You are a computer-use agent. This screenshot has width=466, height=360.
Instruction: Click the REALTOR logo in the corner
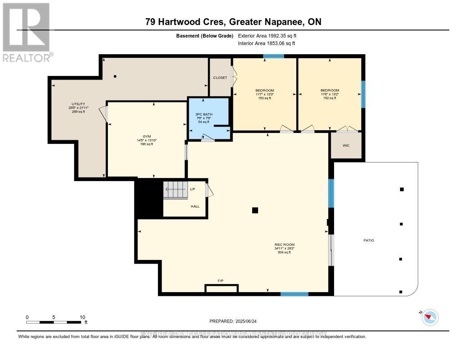[26, 32]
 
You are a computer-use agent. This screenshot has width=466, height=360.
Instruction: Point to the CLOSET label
[220, 78]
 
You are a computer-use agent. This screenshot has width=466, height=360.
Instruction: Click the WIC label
[346, 146]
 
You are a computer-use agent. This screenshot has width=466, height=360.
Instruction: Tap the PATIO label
[369, 240]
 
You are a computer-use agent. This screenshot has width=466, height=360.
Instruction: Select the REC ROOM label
[284, 245]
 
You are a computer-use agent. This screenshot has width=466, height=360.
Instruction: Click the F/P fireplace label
[221, 281]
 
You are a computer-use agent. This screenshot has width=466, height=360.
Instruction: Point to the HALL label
[195, 206]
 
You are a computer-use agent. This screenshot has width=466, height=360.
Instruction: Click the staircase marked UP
[176, 190]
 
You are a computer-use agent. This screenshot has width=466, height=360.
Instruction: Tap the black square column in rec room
[255, 210]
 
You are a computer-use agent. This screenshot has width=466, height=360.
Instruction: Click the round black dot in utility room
[116, 76]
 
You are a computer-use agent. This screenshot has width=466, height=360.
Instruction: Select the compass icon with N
[430, 317]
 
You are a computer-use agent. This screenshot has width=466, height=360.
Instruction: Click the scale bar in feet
[55, 322]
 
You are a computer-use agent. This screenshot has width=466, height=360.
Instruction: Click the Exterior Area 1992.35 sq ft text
[267, 35]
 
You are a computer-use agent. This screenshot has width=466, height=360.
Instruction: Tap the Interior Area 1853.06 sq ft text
[267, 43]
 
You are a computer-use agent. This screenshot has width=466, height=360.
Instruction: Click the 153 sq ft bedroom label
[264, 98]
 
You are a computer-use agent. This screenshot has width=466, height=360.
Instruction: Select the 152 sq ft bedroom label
[329, 98]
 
